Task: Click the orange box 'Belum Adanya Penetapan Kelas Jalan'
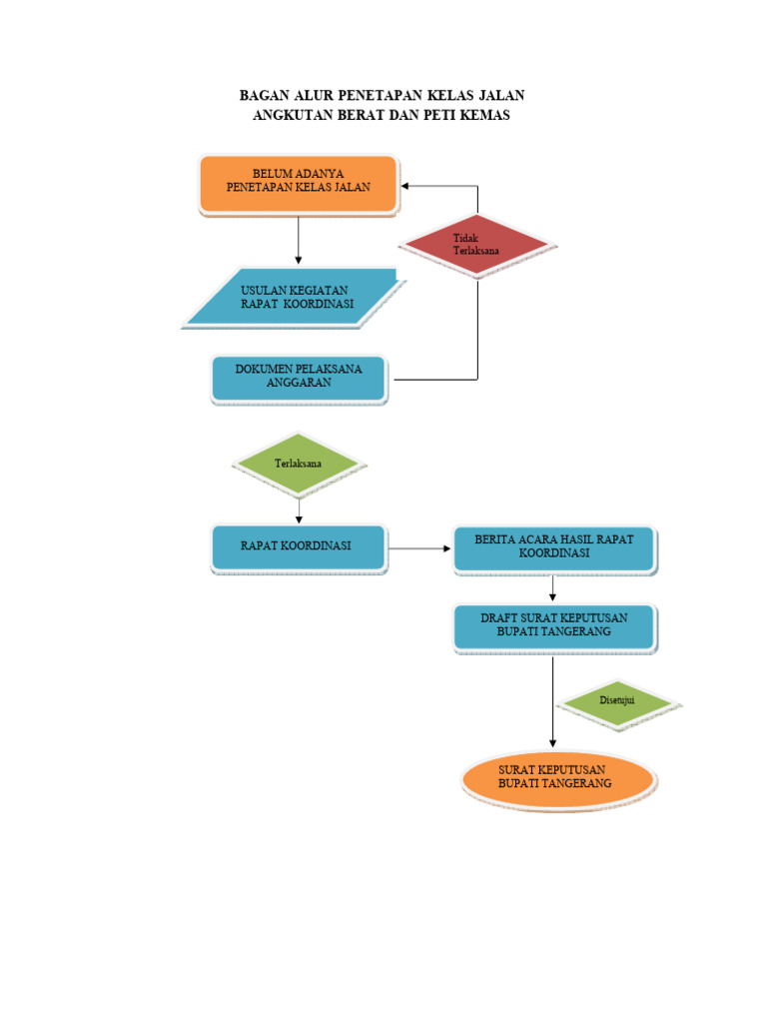click(298, 184)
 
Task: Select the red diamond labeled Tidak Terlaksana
click(477, 245)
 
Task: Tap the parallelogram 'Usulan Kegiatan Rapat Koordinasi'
click(297, 298)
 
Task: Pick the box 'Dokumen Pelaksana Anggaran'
click(299, 378)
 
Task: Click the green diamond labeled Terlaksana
click(298, 464)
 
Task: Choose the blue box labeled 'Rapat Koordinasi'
click(298, 547)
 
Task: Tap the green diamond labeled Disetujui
click(618, 701)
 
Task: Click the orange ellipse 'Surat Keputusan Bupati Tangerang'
click(556, 778)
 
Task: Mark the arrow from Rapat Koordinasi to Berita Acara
click(419, 548)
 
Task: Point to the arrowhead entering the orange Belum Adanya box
click(406, 186)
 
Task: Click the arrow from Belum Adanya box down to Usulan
click(298, 240)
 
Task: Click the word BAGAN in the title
click(262, 96)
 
